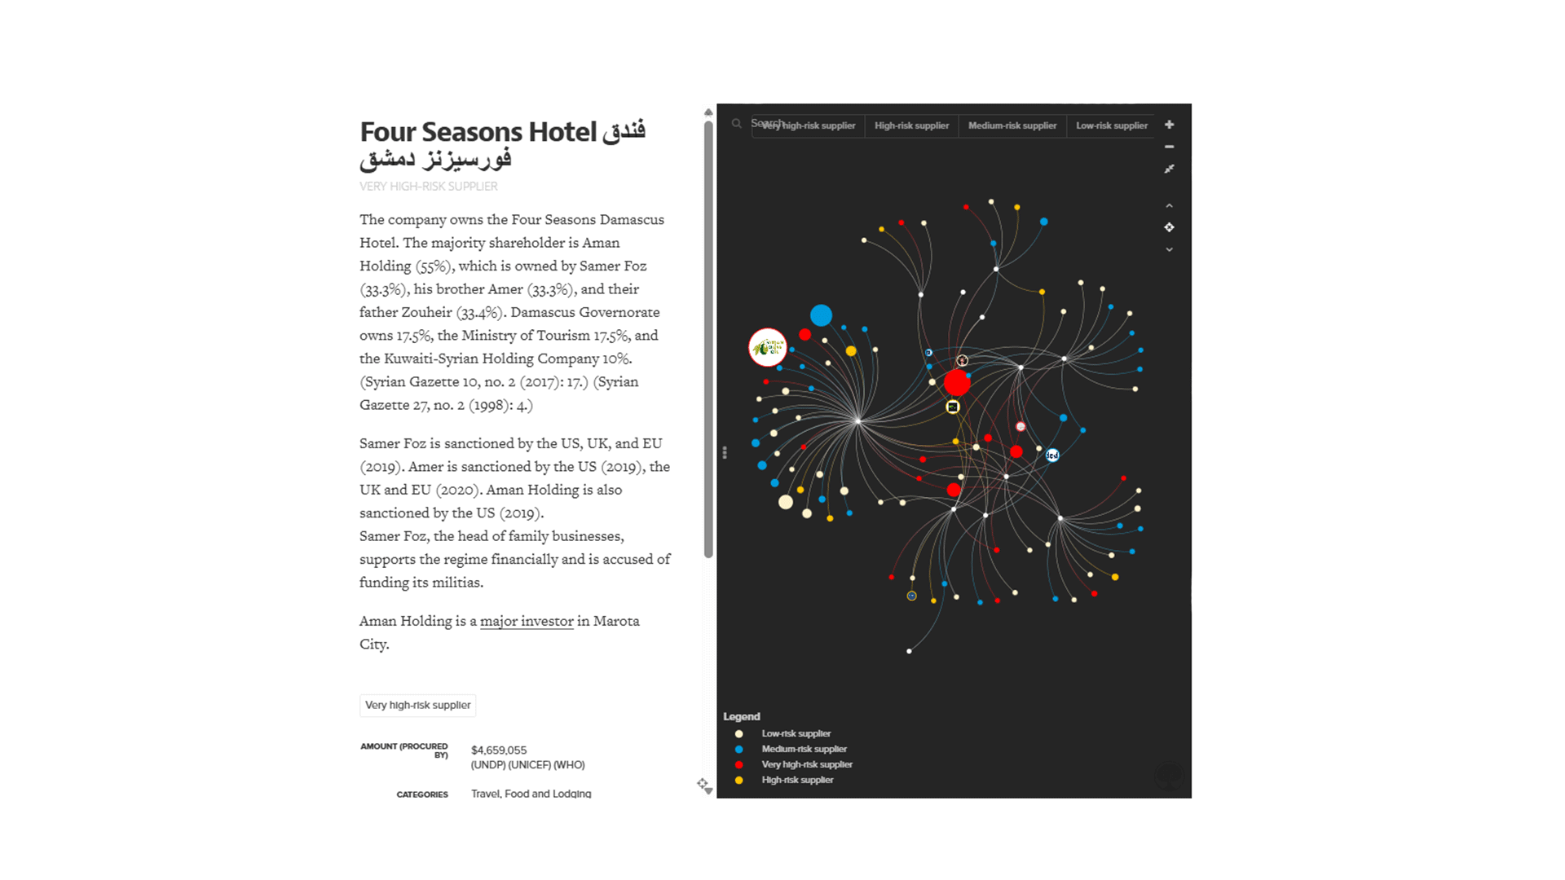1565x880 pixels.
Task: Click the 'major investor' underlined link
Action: click(527, 621)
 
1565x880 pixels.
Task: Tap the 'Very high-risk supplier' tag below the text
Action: click(417, 705)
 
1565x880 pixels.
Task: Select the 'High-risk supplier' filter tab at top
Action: click(911, 125)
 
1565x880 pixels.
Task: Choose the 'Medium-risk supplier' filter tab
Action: click(1012, 125)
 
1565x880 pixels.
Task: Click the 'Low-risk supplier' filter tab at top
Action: click(1111, 125)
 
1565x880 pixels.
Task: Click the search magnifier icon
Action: click(736, 124)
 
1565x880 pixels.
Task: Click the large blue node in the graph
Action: click(821, 315)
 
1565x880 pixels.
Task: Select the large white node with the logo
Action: click(767, 348)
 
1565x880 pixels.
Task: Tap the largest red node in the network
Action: click(957, 382)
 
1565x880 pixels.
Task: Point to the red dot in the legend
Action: click(738, 764)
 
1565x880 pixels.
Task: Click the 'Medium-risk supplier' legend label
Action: click(804, 749)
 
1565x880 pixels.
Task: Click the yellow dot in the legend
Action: click(738, 780)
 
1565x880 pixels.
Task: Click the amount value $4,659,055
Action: click(499, 750)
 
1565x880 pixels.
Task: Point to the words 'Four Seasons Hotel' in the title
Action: click(478, 132)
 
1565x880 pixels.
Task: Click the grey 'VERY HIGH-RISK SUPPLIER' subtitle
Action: click(429, 187)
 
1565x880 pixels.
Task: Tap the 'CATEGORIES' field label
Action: click(422, 794)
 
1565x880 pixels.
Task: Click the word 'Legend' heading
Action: click(741, 716)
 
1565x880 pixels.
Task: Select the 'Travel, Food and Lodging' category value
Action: click(531, 794)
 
